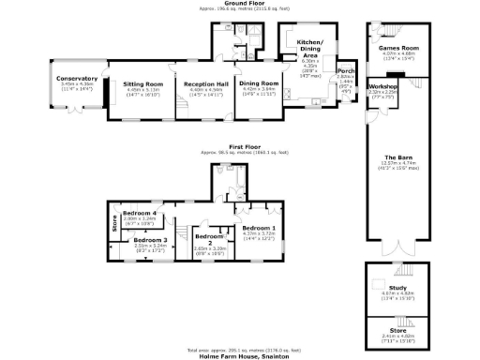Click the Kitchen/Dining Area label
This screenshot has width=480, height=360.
click(309, 50)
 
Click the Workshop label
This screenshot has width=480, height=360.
click(382, 85)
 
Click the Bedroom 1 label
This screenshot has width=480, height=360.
click(260, 228)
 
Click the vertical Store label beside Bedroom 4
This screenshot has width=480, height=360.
click(114, 223)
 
